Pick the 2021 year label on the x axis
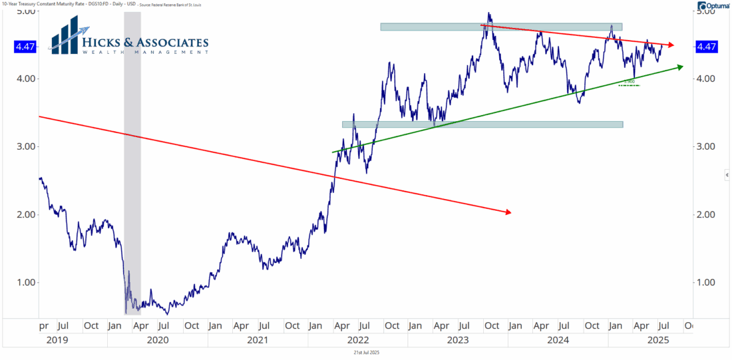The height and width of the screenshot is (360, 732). point(258,340)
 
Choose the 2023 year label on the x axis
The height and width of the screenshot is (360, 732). point(458,340)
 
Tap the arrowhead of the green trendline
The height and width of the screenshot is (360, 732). point(680,67)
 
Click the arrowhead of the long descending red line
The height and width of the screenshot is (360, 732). point(508,212)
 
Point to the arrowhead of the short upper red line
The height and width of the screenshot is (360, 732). point(671,45)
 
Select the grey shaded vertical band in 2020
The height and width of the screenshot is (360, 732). point(132,166)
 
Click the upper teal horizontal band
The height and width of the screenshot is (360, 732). point(500,27)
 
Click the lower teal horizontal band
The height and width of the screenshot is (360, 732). point(482,124)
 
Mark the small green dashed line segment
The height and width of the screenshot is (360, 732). point(629,85)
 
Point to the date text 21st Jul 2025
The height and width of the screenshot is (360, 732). point(365,352)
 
